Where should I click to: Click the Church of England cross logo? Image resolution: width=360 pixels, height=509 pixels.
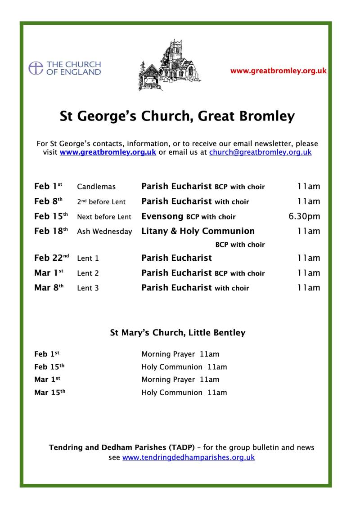36,68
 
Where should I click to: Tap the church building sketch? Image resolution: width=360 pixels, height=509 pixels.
170,66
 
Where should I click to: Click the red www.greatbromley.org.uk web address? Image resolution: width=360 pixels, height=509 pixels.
278,71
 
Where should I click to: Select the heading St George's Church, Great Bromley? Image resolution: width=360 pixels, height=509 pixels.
177,116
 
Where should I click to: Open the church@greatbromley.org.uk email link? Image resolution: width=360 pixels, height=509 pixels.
260,152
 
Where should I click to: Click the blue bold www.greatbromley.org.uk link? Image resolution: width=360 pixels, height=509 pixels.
108,152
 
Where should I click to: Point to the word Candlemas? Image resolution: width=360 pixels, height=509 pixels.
96,187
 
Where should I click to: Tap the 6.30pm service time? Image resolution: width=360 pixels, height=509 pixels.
304,216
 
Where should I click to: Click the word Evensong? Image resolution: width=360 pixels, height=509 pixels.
162,216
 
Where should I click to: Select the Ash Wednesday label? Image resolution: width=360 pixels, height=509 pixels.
104,232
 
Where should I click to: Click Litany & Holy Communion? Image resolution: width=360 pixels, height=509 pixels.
198,231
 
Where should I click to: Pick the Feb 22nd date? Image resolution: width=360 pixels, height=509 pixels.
51,258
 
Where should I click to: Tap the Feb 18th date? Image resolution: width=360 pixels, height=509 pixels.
51,231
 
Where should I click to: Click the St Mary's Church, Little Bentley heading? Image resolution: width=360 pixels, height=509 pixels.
178,333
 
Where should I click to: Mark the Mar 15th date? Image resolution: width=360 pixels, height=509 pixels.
50,393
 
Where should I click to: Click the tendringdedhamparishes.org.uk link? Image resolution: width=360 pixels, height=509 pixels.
189,458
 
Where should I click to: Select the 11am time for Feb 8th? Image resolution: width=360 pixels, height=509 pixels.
309,201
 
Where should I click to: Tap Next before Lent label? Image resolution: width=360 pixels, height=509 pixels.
104,217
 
